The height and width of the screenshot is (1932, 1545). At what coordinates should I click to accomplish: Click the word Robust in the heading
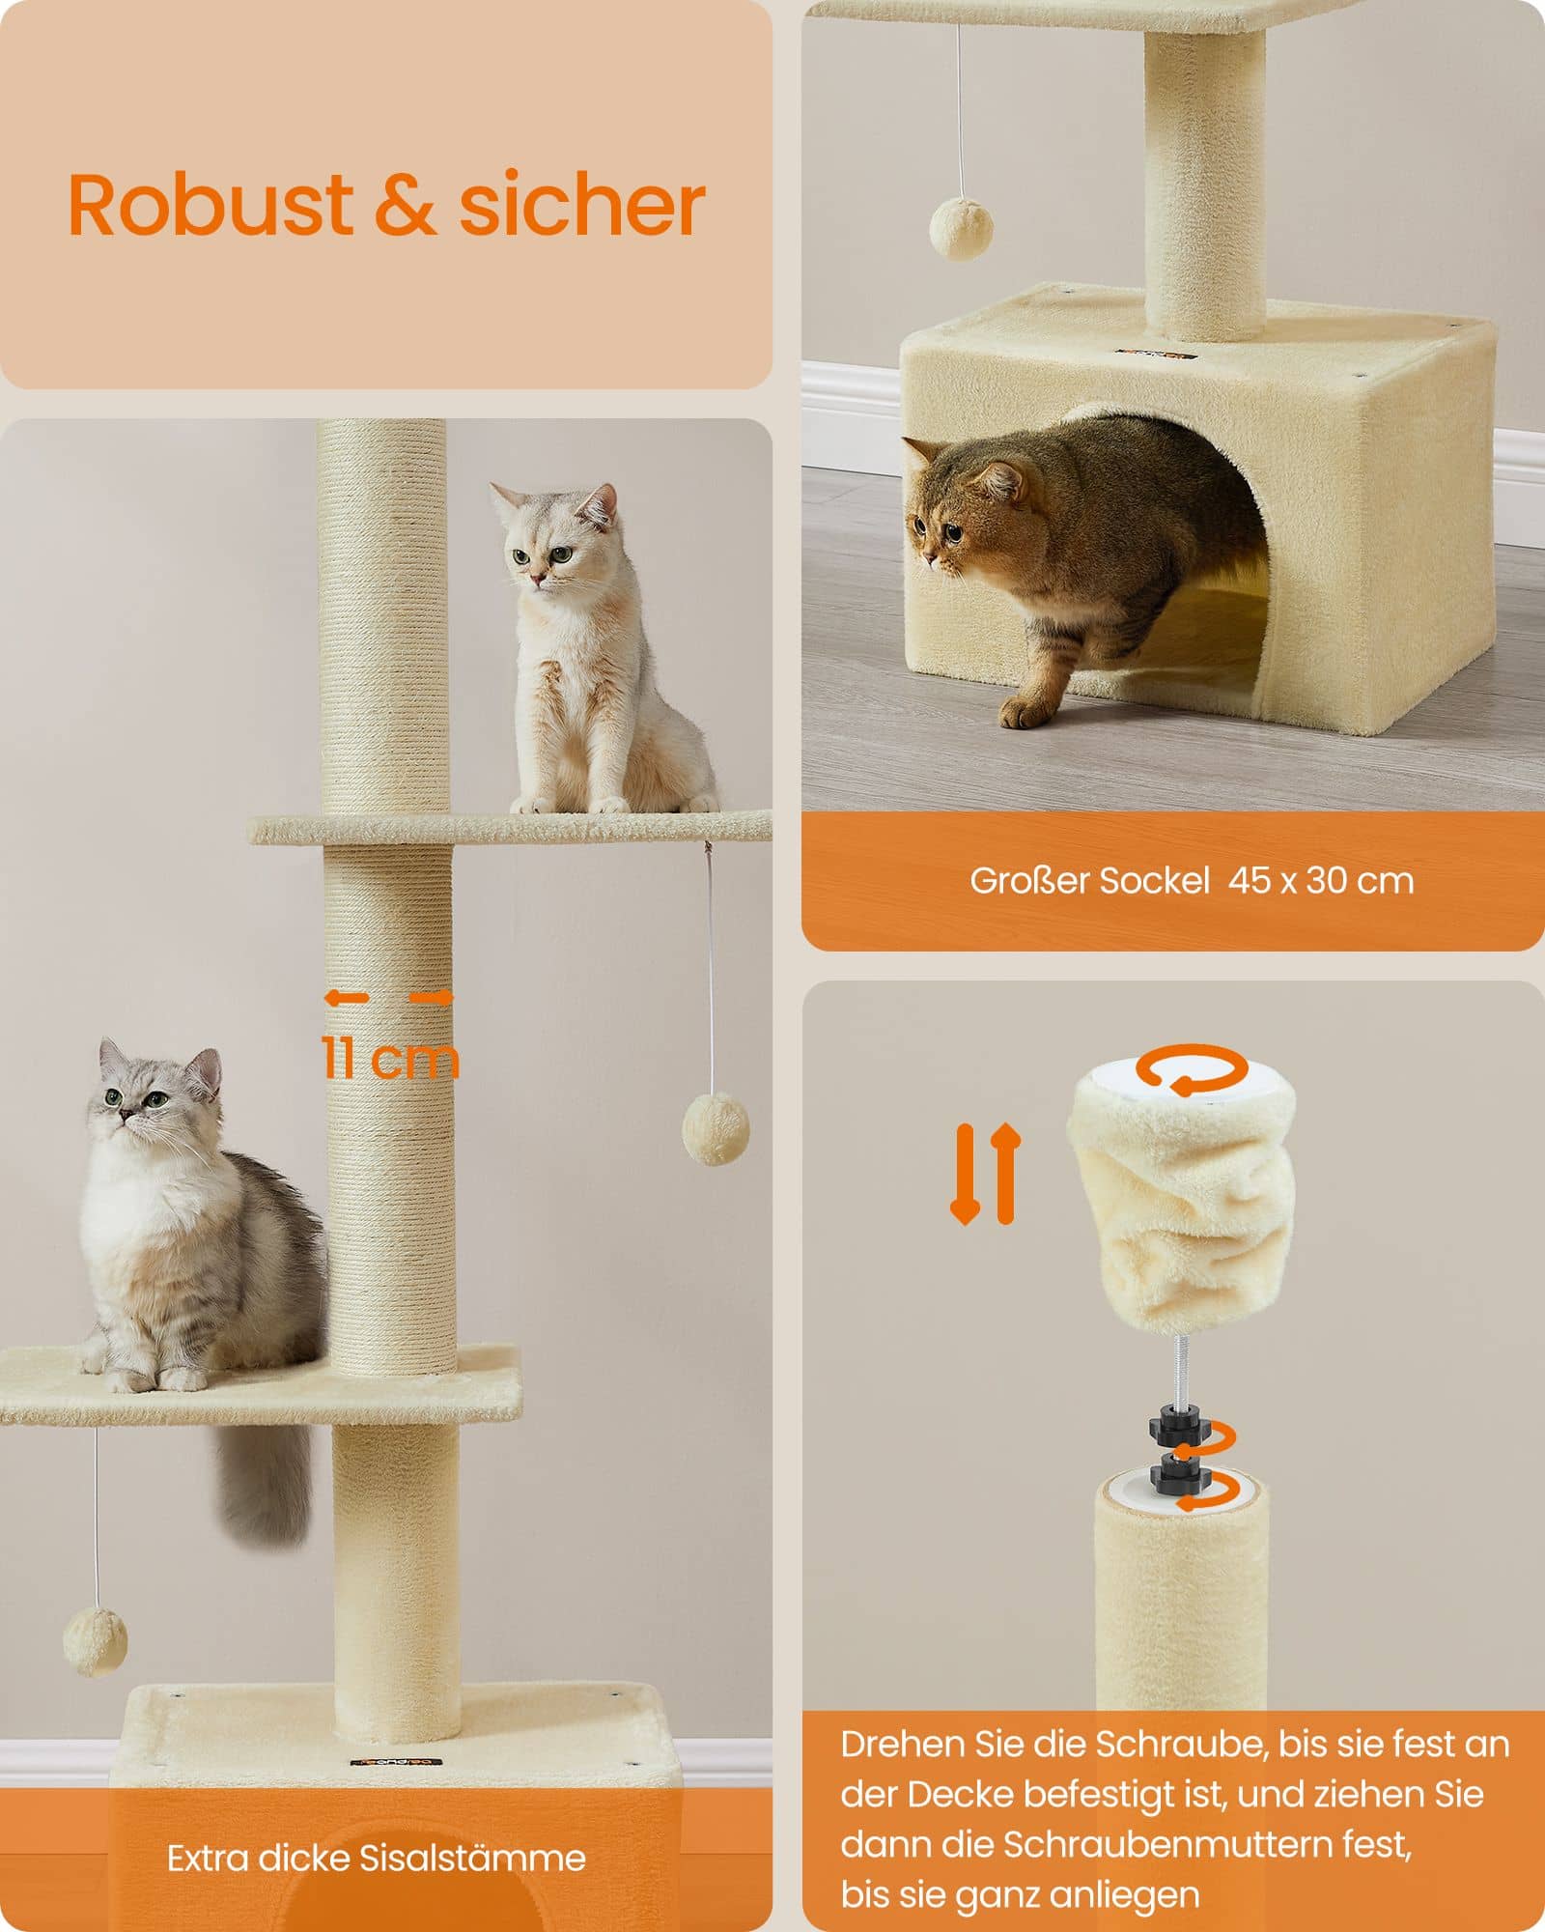click(211, 206)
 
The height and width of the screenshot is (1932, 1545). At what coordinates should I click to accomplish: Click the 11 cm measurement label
click(389, 1058)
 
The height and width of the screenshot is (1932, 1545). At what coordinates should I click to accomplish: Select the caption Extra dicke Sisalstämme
click(376, 1858)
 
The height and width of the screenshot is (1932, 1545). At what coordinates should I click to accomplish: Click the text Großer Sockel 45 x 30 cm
click(1192, 880)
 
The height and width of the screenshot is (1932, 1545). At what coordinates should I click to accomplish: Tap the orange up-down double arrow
click(985, 1173)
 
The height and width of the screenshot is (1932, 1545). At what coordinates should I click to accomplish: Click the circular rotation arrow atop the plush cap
click(1191, 1069)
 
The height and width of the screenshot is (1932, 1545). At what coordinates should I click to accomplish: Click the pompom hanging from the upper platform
click(716, 1128)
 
